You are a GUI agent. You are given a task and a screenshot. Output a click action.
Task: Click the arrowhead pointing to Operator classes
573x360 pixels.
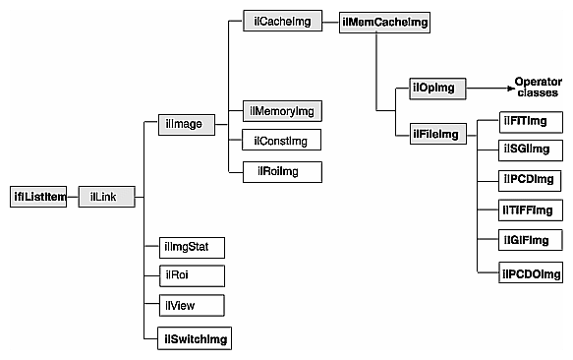pos(502,89)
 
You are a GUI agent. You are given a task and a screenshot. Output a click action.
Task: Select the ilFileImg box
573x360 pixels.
pos(436,134)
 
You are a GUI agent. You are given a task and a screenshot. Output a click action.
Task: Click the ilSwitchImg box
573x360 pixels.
pos(194,339)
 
